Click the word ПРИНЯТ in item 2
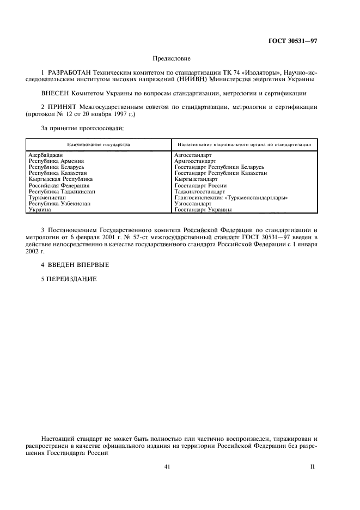point(63,108)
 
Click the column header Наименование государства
point(99,145)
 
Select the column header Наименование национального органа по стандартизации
point(243,145)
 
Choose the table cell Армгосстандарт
point(196,161)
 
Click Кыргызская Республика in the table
point(60,179)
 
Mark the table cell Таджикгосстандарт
point(199,191)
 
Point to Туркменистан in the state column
point(47,197)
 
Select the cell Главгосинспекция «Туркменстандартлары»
point(231,197)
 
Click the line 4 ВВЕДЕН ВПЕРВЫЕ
point(75,265)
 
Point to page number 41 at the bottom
point(168,466)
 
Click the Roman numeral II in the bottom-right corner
point(313,466)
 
